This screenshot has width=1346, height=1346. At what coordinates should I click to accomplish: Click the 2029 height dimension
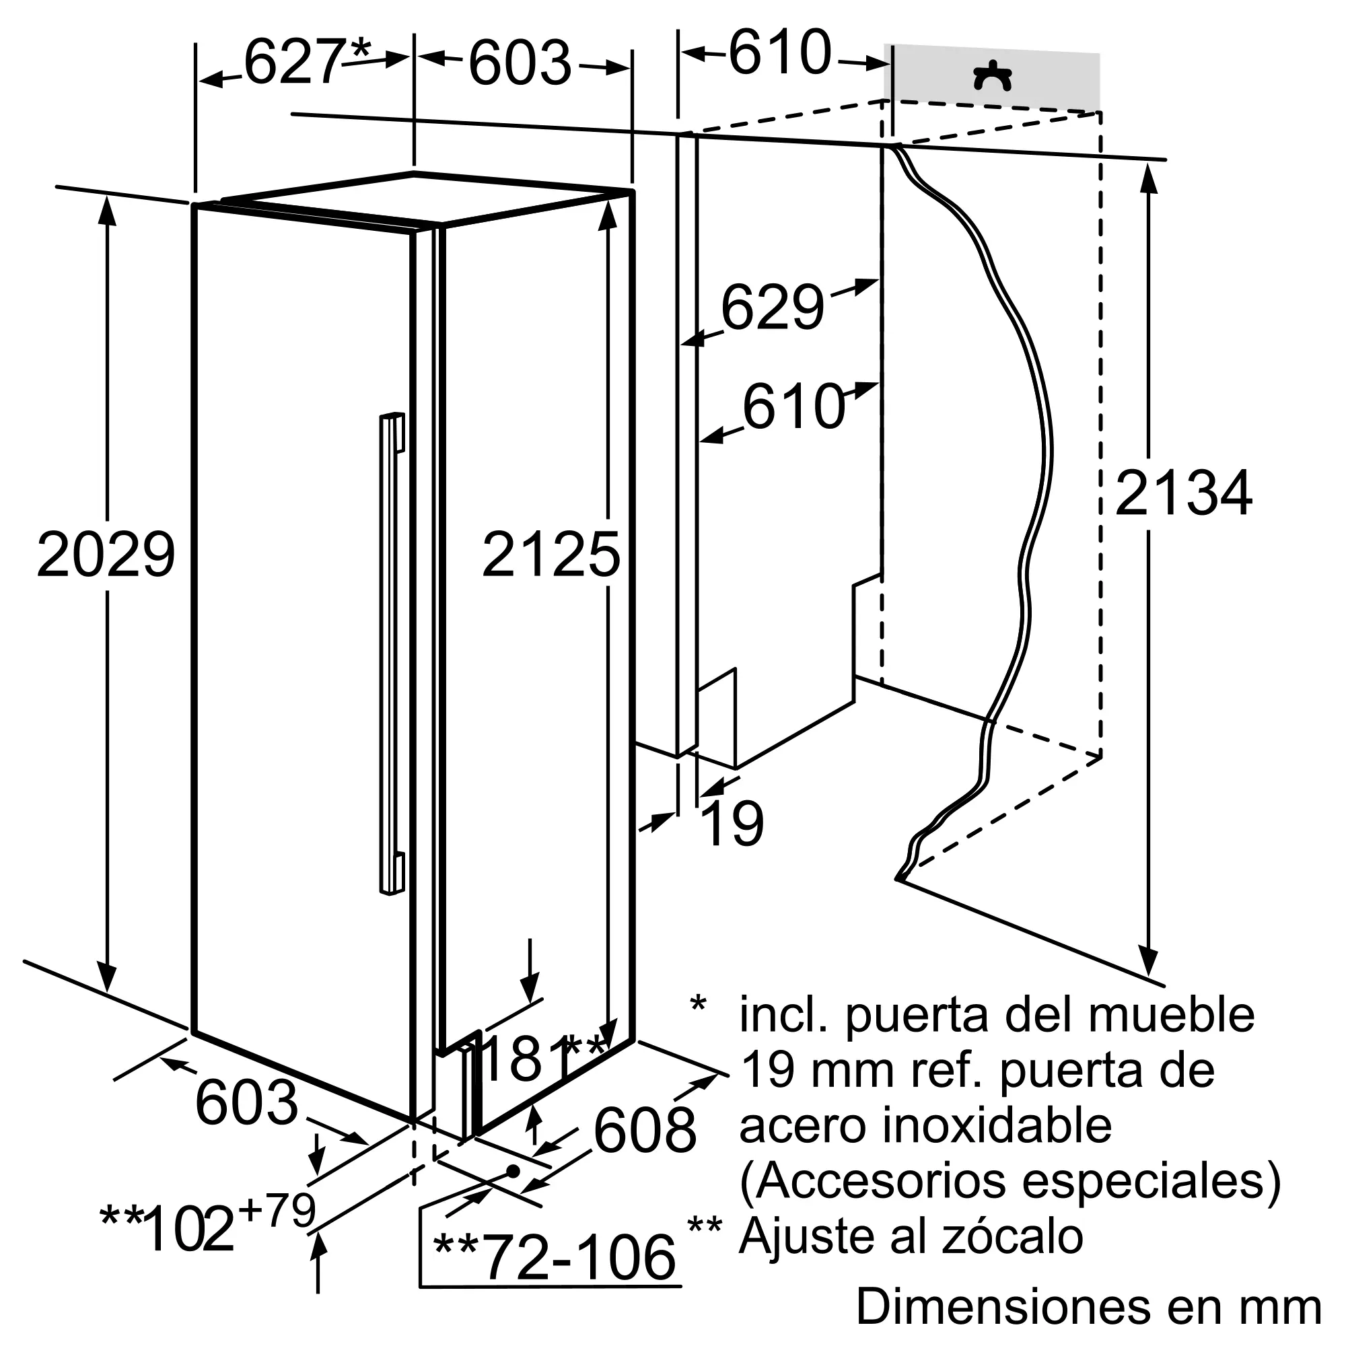[x=105, y=555]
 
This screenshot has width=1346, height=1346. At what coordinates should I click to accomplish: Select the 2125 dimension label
[x=551, y=555]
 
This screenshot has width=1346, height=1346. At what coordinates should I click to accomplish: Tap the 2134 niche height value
[x=1184, y=493]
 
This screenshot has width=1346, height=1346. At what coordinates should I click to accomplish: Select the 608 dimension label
[x=645, y=1130]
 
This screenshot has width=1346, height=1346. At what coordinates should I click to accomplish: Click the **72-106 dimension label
[x=555, y=1258]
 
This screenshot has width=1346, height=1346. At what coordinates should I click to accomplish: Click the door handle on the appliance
[x=392, y=653]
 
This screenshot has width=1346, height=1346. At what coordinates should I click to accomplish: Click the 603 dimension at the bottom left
[x=246, y=1102]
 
